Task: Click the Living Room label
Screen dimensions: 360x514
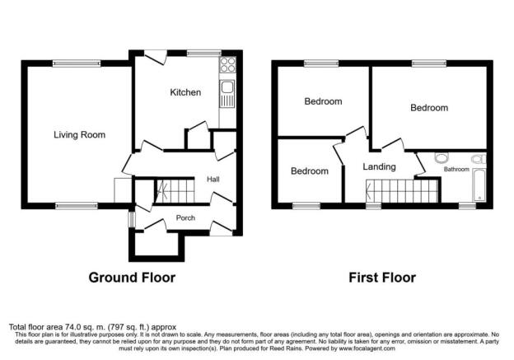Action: pos(79,135)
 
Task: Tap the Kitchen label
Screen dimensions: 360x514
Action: pos(185,92)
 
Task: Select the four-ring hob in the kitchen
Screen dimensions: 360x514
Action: pos(227,66)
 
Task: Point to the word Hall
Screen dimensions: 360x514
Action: pos(213,179)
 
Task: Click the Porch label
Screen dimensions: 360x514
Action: pos(185,218)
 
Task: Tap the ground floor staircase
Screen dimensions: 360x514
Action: pos(173,192)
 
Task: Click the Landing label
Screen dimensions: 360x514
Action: pos(379,166)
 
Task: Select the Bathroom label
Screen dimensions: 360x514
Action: pos(456,170)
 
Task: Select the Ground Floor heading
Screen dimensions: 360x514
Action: pos(132,278)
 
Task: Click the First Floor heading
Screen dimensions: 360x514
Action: pos(381,278)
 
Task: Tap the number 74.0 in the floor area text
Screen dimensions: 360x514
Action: pos(72,327)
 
